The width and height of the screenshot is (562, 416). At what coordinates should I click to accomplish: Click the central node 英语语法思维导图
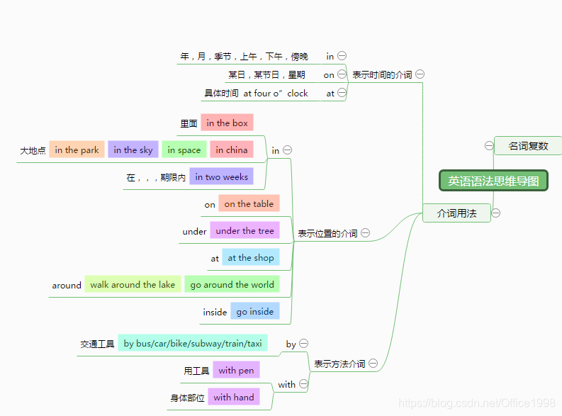[x=493, y=181]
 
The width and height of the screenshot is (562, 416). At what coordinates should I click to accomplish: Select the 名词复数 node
[x=528, y=146]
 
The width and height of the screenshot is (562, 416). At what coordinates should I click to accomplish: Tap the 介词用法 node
[x=456, y=213]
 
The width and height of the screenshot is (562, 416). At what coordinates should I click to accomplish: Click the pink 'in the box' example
[x=227, y=123]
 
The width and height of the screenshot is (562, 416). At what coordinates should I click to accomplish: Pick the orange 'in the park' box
[x=77, y=150]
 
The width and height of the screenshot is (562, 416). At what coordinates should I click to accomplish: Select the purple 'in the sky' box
[x=133, y=150]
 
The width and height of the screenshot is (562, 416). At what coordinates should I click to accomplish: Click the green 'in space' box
[x=184, y=150]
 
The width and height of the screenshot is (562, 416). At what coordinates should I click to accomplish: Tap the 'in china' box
[x=232, y=150]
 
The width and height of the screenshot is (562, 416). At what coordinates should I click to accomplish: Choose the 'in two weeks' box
[x=222, y=176]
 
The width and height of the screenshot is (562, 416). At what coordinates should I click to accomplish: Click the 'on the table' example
[x=249, y=203]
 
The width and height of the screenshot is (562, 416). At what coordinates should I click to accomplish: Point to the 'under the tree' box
[x=245, y=230]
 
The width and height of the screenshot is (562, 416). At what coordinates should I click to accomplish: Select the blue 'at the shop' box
[x=251, y=257]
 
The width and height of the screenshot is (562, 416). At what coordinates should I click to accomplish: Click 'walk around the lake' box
[x=133, y=284]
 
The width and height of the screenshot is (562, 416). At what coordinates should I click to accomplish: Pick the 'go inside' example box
[x=255, y=311]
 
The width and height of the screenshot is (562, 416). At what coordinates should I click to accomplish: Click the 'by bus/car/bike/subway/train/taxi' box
[x=193, y=343]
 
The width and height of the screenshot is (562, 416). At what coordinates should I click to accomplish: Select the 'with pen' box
[x=236, y=370]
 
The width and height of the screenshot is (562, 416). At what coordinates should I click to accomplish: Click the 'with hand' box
[x=234, y=397]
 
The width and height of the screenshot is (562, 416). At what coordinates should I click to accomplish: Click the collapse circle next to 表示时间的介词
[x=420, y=74]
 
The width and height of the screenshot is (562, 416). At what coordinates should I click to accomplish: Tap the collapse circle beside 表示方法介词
[x=373, y=364]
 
